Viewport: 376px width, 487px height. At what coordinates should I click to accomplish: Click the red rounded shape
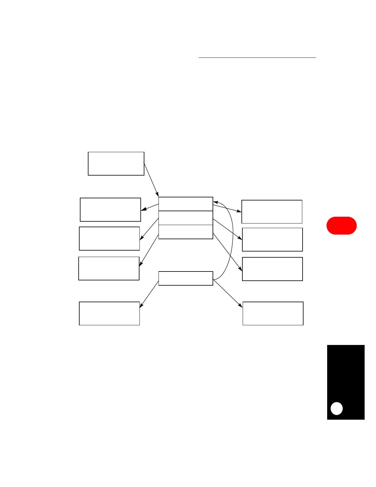pyautogui.click(x=341, y=226)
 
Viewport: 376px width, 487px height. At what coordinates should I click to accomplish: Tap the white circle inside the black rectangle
pyautogui.click(x=336, y=408)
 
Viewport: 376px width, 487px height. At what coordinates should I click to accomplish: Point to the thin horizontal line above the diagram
pyautogui.click(x=257, y=57)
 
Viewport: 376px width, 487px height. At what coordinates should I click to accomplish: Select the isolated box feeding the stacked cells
pyautogui.click(x=116, y=164)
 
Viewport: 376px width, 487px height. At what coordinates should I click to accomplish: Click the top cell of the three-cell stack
pyautogui.click(x=186, y=204)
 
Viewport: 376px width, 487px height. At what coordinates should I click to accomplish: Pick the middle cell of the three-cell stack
pyautogui.click(x=186, y=218)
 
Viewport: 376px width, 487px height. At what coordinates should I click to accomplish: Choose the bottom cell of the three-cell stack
pyautogui.click(x=186, y=232)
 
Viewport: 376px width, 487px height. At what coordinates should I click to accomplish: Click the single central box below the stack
pyautogui.click(x=186, y=278)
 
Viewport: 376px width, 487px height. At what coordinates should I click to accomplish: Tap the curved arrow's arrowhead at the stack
pyautogui.click(x=215, y=202)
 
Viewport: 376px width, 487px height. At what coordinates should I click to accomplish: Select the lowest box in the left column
pyautogui.click(x=109, y=313)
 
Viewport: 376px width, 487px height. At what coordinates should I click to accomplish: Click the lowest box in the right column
pyautogui.click(x=273, y=313)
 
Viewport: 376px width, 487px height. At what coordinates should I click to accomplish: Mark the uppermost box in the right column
pyautogui.click(x=272, y=212)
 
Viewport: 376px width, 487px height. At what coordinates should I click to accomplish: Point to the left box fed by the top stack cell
pyautogui.click(x=110, y=210)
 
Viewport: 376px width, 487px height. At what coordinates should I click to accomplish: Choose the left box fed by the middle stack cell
pyautogui.click(x=109, y=239)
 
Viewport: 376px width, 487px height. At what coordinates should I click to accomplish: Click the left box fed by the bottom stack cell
pyautogui.click(x=109, y=268)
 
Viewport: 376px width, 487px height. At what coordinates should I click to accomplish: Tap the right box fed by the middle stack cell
pyautogui.click(x=272, y=240)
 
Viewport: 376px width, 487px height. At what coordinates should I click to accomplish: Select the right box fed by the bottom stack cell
pyautogui.click(x=272, y=269)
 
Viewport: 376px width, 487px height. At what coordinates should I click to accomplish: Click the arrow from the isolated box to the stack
pyautogui.click(x=151, y=180)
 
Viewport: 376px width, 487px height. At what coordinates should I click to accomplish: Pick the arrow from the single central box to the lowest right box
pyautogui.click(x=228, y=293)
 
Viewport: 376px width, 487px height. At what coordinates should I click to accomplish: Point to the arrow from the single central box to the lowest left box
pyautogui.click(x=149, y=294)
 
